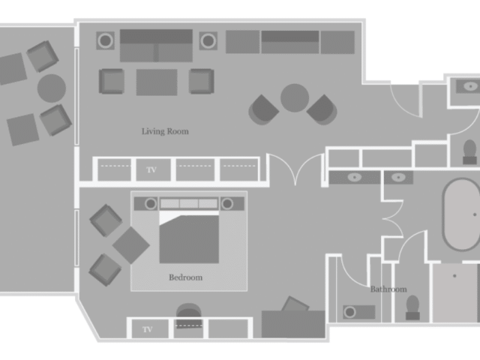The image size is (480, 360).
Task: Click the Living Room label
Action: pyautogui.click(x=165, y=131)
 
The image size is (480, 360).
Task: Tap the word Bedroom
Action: pyautogui.click(x=185, y=277)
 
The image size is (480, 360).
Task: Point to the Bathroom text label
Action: pyautogui.click(x=388, y=289)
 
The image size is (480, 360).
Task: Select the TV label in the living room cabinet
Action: pyautogui.click(x=151, y=169)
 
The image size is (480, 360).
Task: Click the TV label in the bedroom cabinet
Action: pyautogui.click(x=148, y=329)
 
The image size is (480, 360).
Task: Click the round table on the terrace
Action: pyautogui.click(x=52, y=88)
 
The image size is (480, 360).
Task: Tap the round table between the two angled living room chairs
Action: pyautogui.click(x=295, y=98)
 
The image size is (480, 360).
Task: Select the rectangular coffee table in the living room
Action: pyautogui.click(x=157, y=82)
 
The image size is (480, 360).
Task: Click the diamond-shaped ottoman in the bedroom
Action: pyautogui.click(x=131, y=245)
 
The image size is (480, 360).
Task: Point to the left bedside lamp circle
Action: pyautogui.click(x=150, y=203)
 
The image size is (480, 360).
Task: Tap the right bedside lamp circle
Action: pyautogui.click(x=227, y=203)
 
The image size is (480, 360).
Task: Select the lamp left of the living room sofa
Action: pyautogui.click(x=105, y=40)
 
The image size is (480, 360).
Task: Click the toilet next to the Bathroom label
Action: pyautogui.click(x=412, y=307)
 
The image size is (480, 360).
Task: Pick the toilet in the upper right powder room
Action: pyautogui.click(x=470, y=151)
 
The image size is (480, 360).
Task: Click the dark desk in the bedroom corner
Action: pyautogui.click(x=293, y=324)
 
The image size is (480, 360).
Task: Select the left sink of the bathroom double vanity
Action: pyautogui.click(x=355, y=177)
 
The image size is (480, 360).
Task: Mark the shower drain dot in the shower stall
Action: pyautogui.click(x=454, y=276)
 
